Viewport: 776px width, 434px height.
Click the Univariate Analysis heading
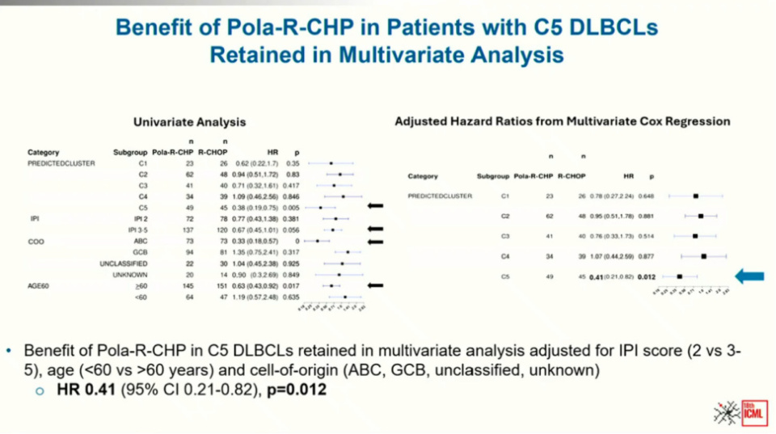pos(189,122)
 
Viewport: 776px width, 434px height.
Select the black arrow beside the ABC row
pos(374,240)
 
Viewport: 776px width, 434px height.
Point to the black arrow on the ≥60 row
pos(374,285)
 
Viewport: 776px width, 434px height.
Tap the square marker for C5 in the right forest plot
pos(680,277)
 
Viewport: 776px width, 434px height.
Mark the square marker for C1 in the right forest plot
pos(695,196)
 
